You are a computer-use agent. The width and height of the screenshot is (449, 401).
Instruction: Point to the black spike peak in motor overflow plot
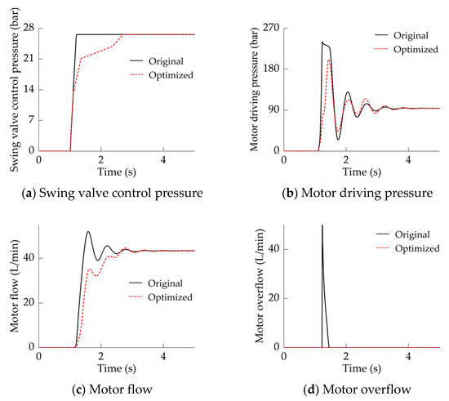(322, 226)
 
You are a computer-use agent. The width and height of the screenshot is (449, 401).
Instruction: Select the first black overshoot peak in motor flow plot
(88, 232)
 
